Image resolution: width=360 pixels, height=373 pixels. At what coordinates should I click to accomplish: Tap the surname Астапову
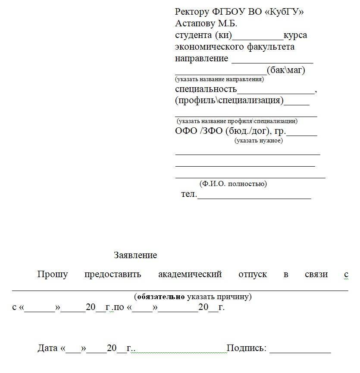[197, 23]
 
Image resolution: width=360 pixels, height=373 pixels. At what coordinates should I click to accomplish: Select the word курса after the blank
[295, 35]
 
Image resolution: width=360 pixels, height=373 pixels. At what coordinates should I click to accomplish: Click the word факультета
[271, 47]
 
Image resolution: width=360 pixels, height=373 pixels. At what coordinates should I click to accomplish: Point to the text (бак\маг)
[286, 70]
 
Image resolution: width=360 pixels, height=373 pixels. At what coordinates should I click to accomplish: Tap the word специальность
[206, 89]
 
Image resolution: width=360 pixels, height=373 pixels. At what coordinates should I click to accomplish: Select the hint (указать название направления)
[219, 79]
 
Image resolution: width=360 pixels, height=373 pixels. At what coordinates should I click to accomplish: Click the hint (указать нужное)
[259, 140]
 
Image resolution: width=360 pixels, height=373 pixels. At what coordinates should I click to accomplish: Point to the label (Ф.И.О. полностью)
[233, 184]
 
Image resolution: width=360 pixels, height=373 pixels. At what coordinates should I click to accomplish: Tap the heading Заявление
[135, 255]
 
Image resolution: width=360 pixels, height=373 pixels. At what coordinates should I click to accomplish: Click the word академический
[190, 274]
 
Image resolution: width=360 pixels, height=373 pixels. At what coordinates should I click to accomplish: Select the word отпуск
[253, 274]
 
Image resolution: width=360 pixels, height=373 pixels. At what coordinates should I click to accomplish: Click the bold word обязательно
[161, 297]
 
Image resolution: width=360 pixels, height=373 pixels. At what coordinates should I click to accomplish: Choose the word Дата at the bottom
[47, 348]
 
